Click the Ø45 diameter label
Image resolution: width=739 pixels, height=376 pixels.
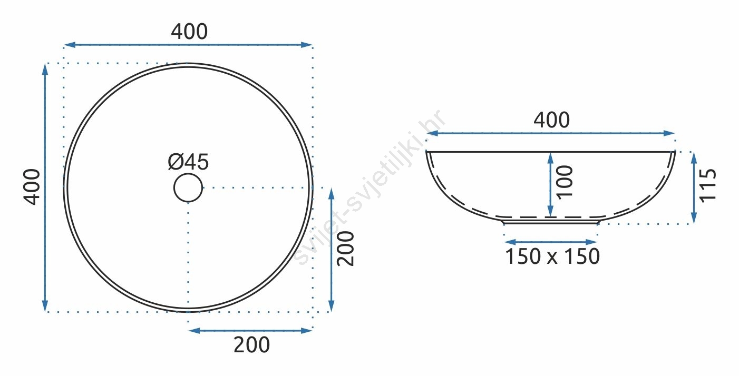point(188,162)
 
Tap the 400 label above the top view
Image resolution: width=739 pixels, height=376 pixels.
point(189,32)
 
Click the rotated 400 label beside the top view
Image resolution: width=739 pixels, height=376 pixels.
point(32,187)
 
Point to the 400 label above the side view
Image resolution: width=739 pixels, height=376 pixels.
point(551,120)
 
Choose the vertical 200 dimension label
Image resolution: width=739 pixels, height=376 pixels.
point(345,249)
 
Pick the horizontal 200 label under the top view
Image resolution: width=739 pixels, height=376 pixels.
point(251,345)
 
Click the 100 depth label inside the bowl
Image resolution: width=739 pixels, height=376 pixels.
point(565,182)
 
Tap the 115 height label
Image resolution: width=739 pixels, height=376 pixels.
point(708,185)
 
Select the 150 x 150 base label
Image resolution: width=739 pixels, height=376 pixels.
point(552,256)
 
